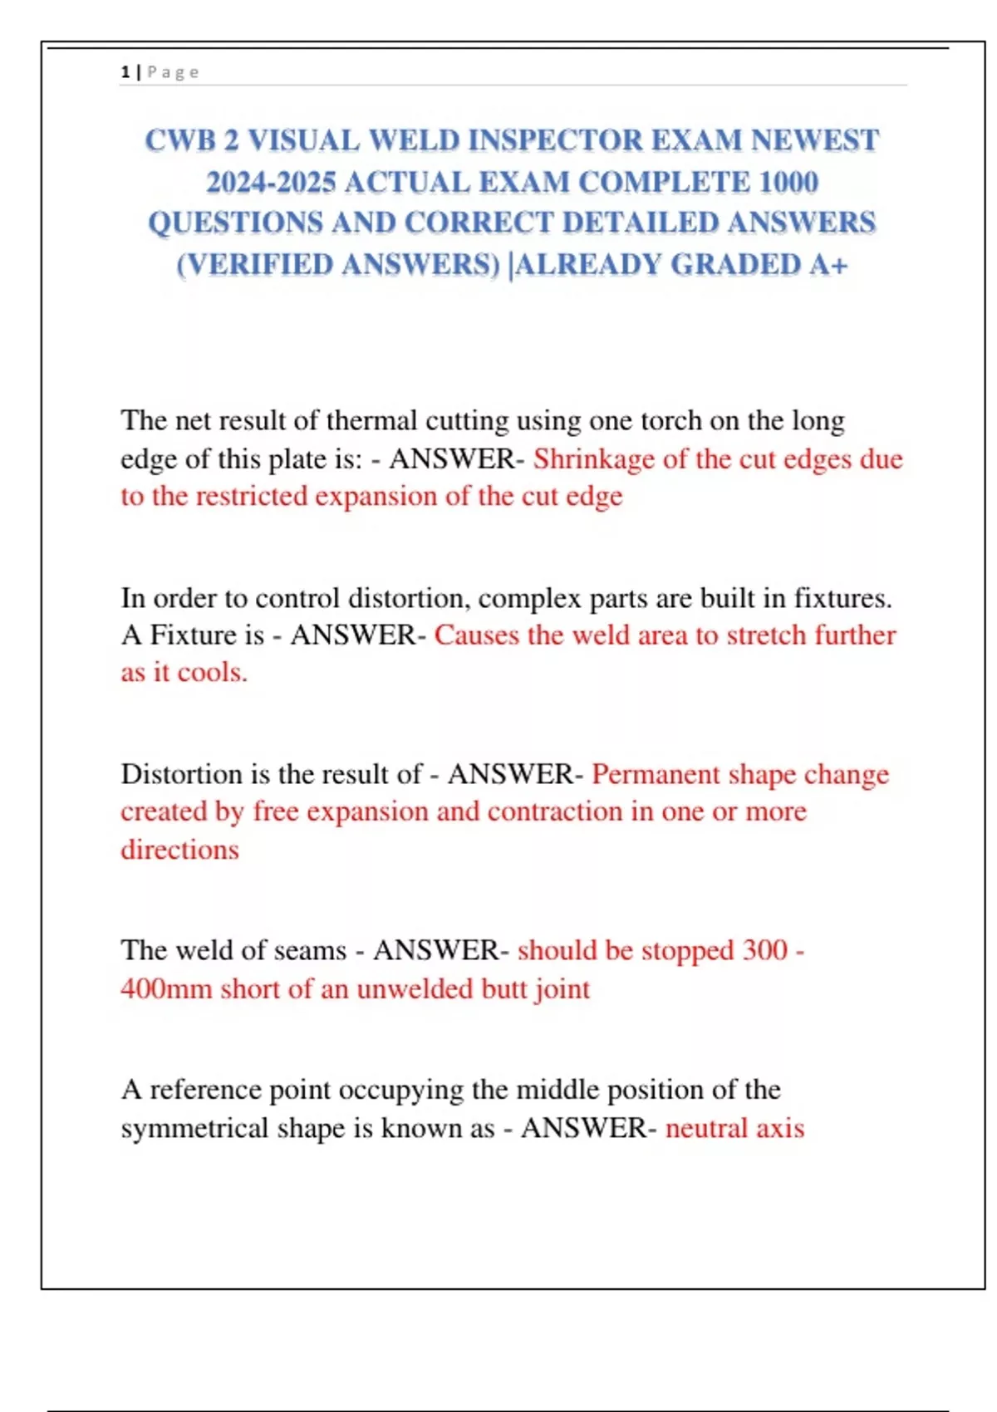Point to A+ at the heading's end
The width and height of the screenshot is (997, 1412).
coord(828,264)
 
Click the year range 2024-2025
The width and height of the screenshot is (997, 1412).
coord(271,182)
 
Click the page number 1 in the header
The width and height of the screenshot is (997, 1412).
coord(125,72)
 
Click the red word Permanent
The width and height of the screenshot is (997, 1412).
coord(656,774)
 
